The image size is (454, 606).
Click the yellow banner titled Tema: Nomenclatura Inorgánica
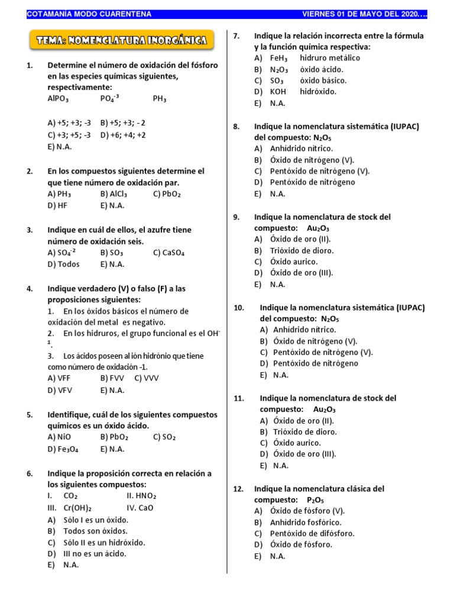pyautogui.click(x=122, y=41)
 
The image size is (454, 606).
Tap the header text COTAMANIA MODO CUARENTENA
pyautogui.click(x=89, y=14)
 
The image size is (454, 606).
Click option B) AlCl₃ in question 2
pyautogui.click(x=113, y=194)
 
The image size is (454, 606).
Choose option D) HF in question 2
pyautogui.click(x=59, y=205)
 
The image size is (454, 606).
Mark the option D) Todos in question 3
pyautogui.click(x=63, y=264)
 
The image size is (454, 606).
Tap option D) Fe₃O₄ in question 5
pyautogui.click(x=63, y=449)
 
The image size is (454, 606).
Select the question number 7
pyautogui.click(x=236, y=36)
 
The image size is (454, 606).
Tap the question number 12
pyautogui.click(x=238, y=489)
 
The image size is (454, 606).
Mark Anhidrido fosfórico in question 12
pyautogui.click(x=306, y=522)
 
